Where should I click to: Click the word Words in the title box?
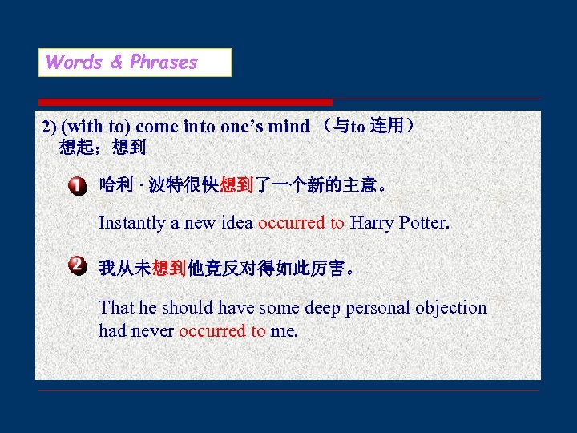(75, 63)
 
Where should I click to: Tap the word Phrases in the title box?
(163, 63)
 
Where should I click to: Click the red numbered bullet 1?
(77, 187)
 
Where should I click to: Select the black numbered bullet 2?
(77, 265)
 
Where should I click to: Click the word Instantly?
(132, 223)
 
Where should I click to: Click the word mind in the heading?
(288, 127)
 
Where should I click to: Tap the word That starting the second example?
(115, 308)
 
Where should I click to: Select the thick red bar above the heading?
(184, 102)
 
